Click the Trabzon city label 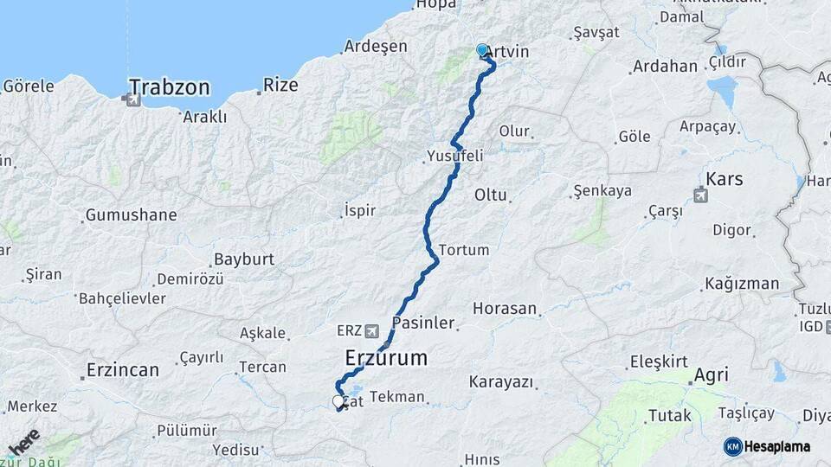(x=170, y=86)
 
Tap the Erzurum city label (x=386, y=356)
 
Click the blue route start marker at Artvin (x=482, y=50)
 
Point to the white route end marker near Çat (x=338, y=401)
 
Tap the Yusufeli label (x=454, y=157)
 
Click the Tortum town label (x=464, y=250)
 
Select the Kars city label (x=725, y=179)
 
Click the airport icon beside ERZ (x=372, y=330)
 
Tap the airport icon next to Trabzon (x=132, y=99)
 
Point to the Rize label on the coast (x=280, y=85)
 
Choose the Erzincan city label (x=122, y=370)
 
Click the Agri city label (x=710, y=375)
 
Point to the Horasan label (x=505, y=308)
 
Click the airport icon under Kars (x=700, y=195)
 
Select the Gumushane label (x=131, y=214)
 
